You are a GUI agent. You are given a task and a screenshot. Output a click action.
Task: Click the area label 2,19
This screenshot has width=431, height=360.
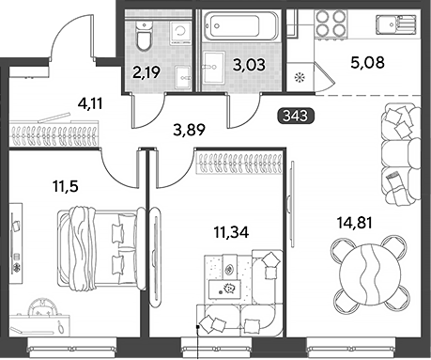point(146,72)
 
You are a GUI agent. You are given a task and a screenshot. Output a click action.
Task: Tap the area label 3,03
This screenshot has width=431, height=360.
point(250,65)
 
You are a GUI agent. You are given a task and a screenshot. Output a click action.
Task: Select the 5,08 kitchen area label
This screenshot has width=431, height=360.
point(367,63)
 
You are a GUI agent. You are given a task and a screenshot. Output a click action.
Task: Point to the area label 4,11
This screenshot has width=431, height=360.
point(90,103)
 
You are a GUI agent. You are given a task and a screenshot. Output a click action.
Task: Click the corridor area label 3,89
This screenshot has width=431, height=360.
point(190,130)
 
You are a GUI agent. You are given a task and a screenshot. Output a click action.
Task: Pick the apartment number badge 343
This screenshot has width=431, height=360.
point(296,116)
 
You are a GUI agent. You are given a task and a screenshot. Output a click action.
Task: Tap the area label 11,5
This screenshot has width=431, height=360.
point(66,187)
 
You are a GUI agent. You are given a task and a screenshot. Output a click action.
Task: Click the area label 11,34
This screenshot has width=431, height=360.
point(231,232)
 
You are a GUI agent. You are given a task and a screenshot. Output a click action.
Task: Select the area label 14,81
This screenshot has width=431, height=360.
point(355,223)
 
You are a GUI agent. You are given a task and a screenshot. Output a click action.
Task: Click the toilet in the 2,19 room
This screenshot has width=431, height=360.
point(144,36)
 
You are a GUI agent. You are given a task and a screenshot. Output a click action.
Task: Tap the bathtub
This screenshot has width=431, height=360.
point(240,26)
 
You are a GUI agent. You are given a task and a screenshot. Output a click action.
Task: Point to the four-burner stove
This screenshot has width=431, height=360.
point(331,23)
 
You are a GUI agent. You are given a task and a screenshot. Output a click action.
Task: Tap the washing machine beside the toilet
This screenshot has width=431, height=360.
point(181,33)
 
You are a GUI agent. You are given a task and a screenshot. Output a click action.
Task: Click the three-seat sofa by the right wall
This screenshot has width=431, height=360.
point(401,154)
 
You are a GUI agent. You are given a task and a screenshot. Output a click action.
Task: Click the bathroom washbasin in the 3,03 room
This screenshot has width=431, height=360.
point(214,69)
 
